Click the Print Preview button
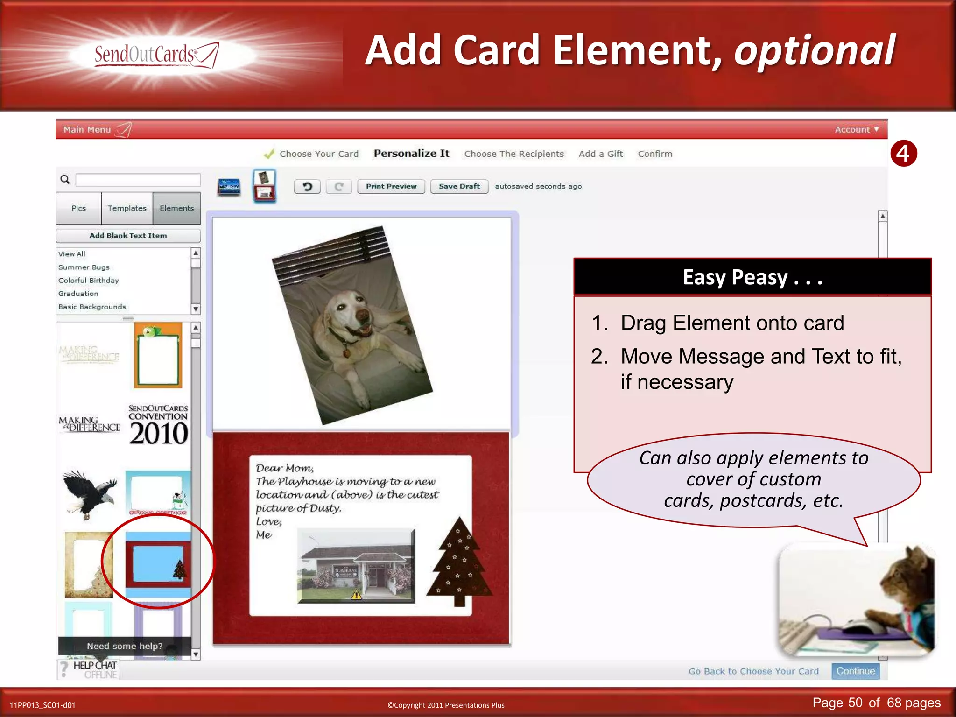point(391,186)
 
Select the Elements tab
point(176,208)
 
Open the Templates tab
point(127,208)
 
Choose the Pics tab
point(78,208)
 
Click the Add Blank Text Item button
point(128,236)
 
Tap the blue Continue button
point(855,671)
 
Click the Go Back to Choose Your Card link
point(753,671)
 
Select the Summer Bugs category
point(84,267)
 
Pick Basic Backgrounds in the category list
point(92,307)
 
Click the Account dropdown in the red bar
point(856,130)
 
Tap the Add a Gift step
point(601,154)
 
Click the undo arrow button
point(307,187)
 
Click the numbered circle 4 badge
point(903,154)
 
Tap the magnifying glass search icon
point(65,179)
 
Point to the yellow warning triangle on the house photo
point(356,595)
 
